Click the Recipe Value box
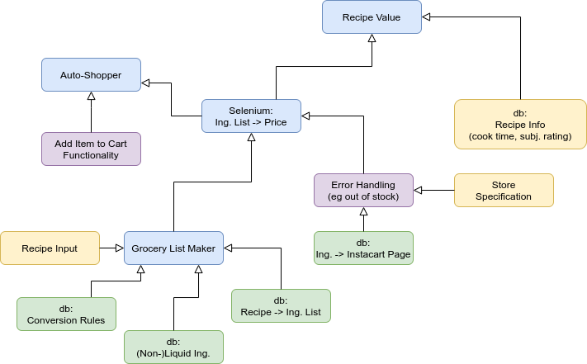[x=372, y=17]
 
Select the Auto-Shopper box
[x=91, y=74]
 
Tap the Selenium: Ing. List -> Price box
[x=251, y=116]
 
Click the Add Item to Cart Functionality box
[x=91, y=149]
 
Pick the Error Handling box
[x=363, y=190]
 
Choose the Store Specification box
[x=504, y=190]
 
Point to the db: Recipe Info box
[x=520, y=124]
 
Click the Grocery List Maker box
[x=173, y=248]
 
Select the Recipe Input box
[x=50, y=248]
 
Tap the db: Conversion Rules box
[x=66, y=314]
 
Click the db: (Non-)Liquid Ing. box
[x=173, y=347]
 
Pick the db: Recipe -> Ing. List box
[x=281, y=305]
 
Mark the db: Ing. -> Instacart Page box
[x=363, y=248]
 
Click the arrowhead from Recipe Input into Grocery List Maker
[x=119, y=248]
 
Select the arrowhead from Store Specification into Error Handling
[x=419, y=190]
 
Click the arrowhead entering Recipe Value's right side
[x=427, y=17]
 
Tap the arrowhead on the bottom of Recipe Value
[x=372, y=39]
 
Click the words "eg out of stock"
[x=363, y=196]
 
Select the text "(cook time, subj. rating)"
[x=520, y=135]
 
